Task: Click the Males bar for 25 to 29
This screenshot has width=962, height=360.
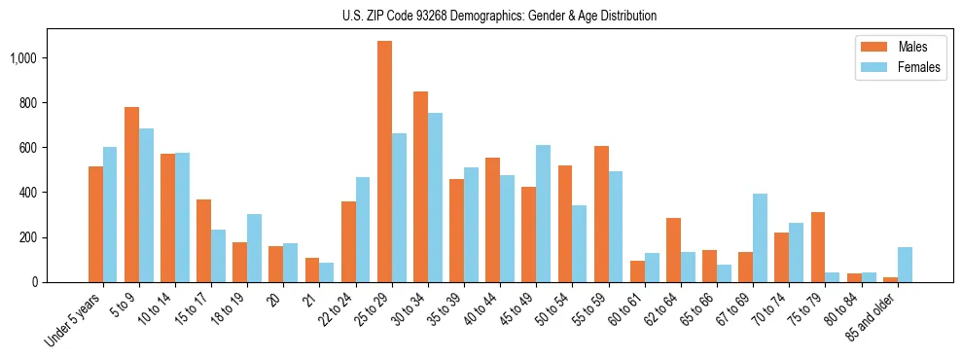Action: pos(384,162)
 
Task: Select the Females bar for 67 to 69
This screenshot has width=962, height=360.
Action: pos(760,237)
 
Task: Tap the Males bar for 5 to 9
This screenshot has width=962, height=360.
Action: pos(131,195)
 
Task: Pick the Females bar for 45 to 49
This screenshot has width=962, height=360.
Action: pos(543,213)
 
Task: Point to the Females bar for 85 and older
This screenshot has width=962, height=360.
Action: pos(905,265)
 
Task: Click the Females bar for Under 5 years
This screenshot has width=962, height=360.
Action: pos(110,214)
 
